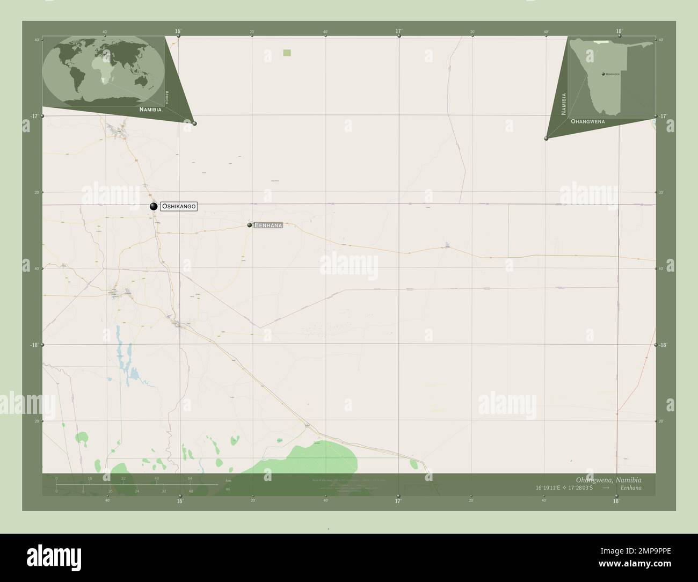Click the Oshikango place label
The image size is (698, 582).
click(x=179, y=206)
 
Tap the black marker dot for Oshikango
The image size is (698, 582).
click(x=153, y=206)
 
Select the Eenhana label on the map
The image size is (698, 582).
click(x=268, y=225)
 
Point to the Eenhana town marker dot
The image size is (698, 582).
click(x=250, y=225)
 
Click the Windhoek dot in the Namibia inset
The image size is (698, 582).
click(x=603, y=74)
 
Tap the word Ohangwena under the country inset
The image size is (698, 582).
click(x=588, y=122)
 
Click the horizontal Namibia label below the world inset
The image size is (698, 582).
click(x=150, y=109)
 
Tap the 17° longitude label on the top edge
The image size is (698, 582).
click(x=399, y=32)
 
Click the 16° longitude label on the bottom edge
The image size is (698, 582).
click(x=180, y=501)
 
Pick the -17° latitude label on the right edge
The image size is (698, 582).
click(x=663, y=116)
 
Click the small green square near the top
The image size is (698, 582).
click(x=287, y=52)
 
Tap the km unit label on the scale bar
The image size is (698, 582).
click(x=228, y=481)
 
